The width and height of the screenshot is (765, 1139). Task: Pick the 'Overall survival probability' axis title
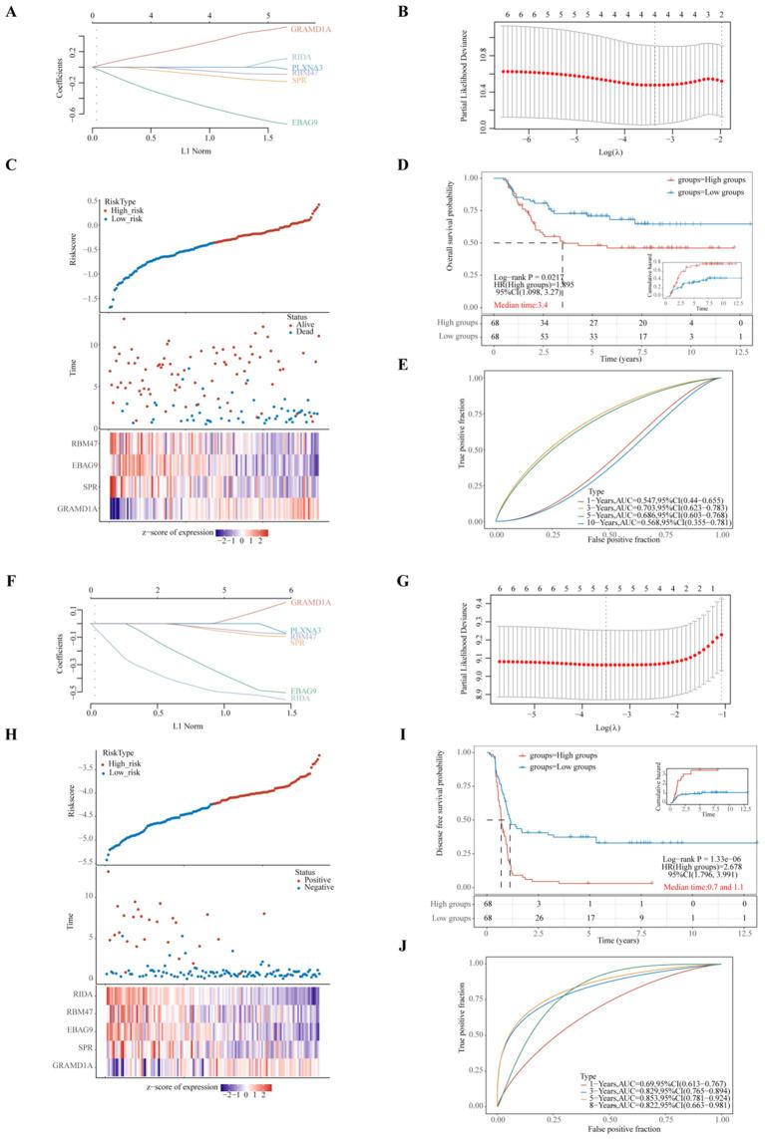[x=440, y=243]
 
